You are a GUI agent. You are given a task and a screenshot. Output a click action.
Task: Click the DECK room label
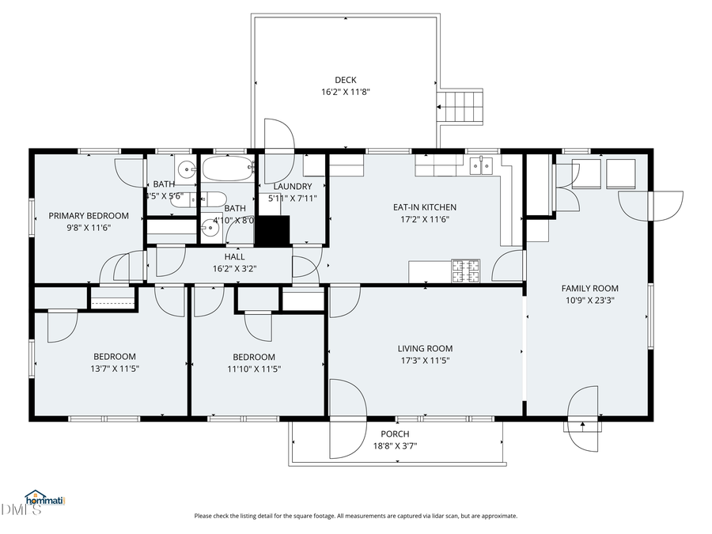[346, 80]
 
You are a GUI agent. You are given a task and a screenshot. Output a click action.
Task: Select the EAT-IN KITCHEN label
[425, 207]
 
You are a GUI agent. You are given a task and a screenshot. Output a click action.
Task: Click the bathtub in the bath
[227, 168]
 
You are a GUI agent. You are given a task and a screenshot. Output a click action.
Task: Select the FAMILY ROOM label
[590, 289]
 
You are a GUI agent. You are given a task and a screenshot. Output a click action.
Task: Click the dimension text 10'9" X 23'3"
[590, 301]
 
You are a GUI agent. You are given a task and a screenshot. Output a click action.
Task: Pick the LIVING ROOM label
[425, 349]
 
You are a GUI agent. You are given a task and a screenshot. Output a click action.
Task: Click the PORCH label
[395, 434]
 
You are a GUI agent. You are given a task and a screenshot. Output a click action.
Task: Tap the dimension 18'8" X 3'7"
[395, 446]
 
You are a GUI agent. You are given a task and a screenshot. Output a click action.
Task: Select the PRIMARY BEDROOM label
[89, 216]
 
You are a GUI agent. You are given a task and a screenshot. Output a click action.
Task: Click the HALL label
[234, 256]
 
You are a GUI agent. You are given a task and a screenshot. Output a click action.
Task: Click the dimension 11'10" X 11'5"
[254, 369]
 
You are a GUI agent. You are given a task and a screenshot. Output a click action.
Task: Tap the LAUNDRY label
[292, 187]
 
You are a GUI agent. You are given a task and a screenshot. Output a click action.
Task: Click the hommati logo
[44, 498]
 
